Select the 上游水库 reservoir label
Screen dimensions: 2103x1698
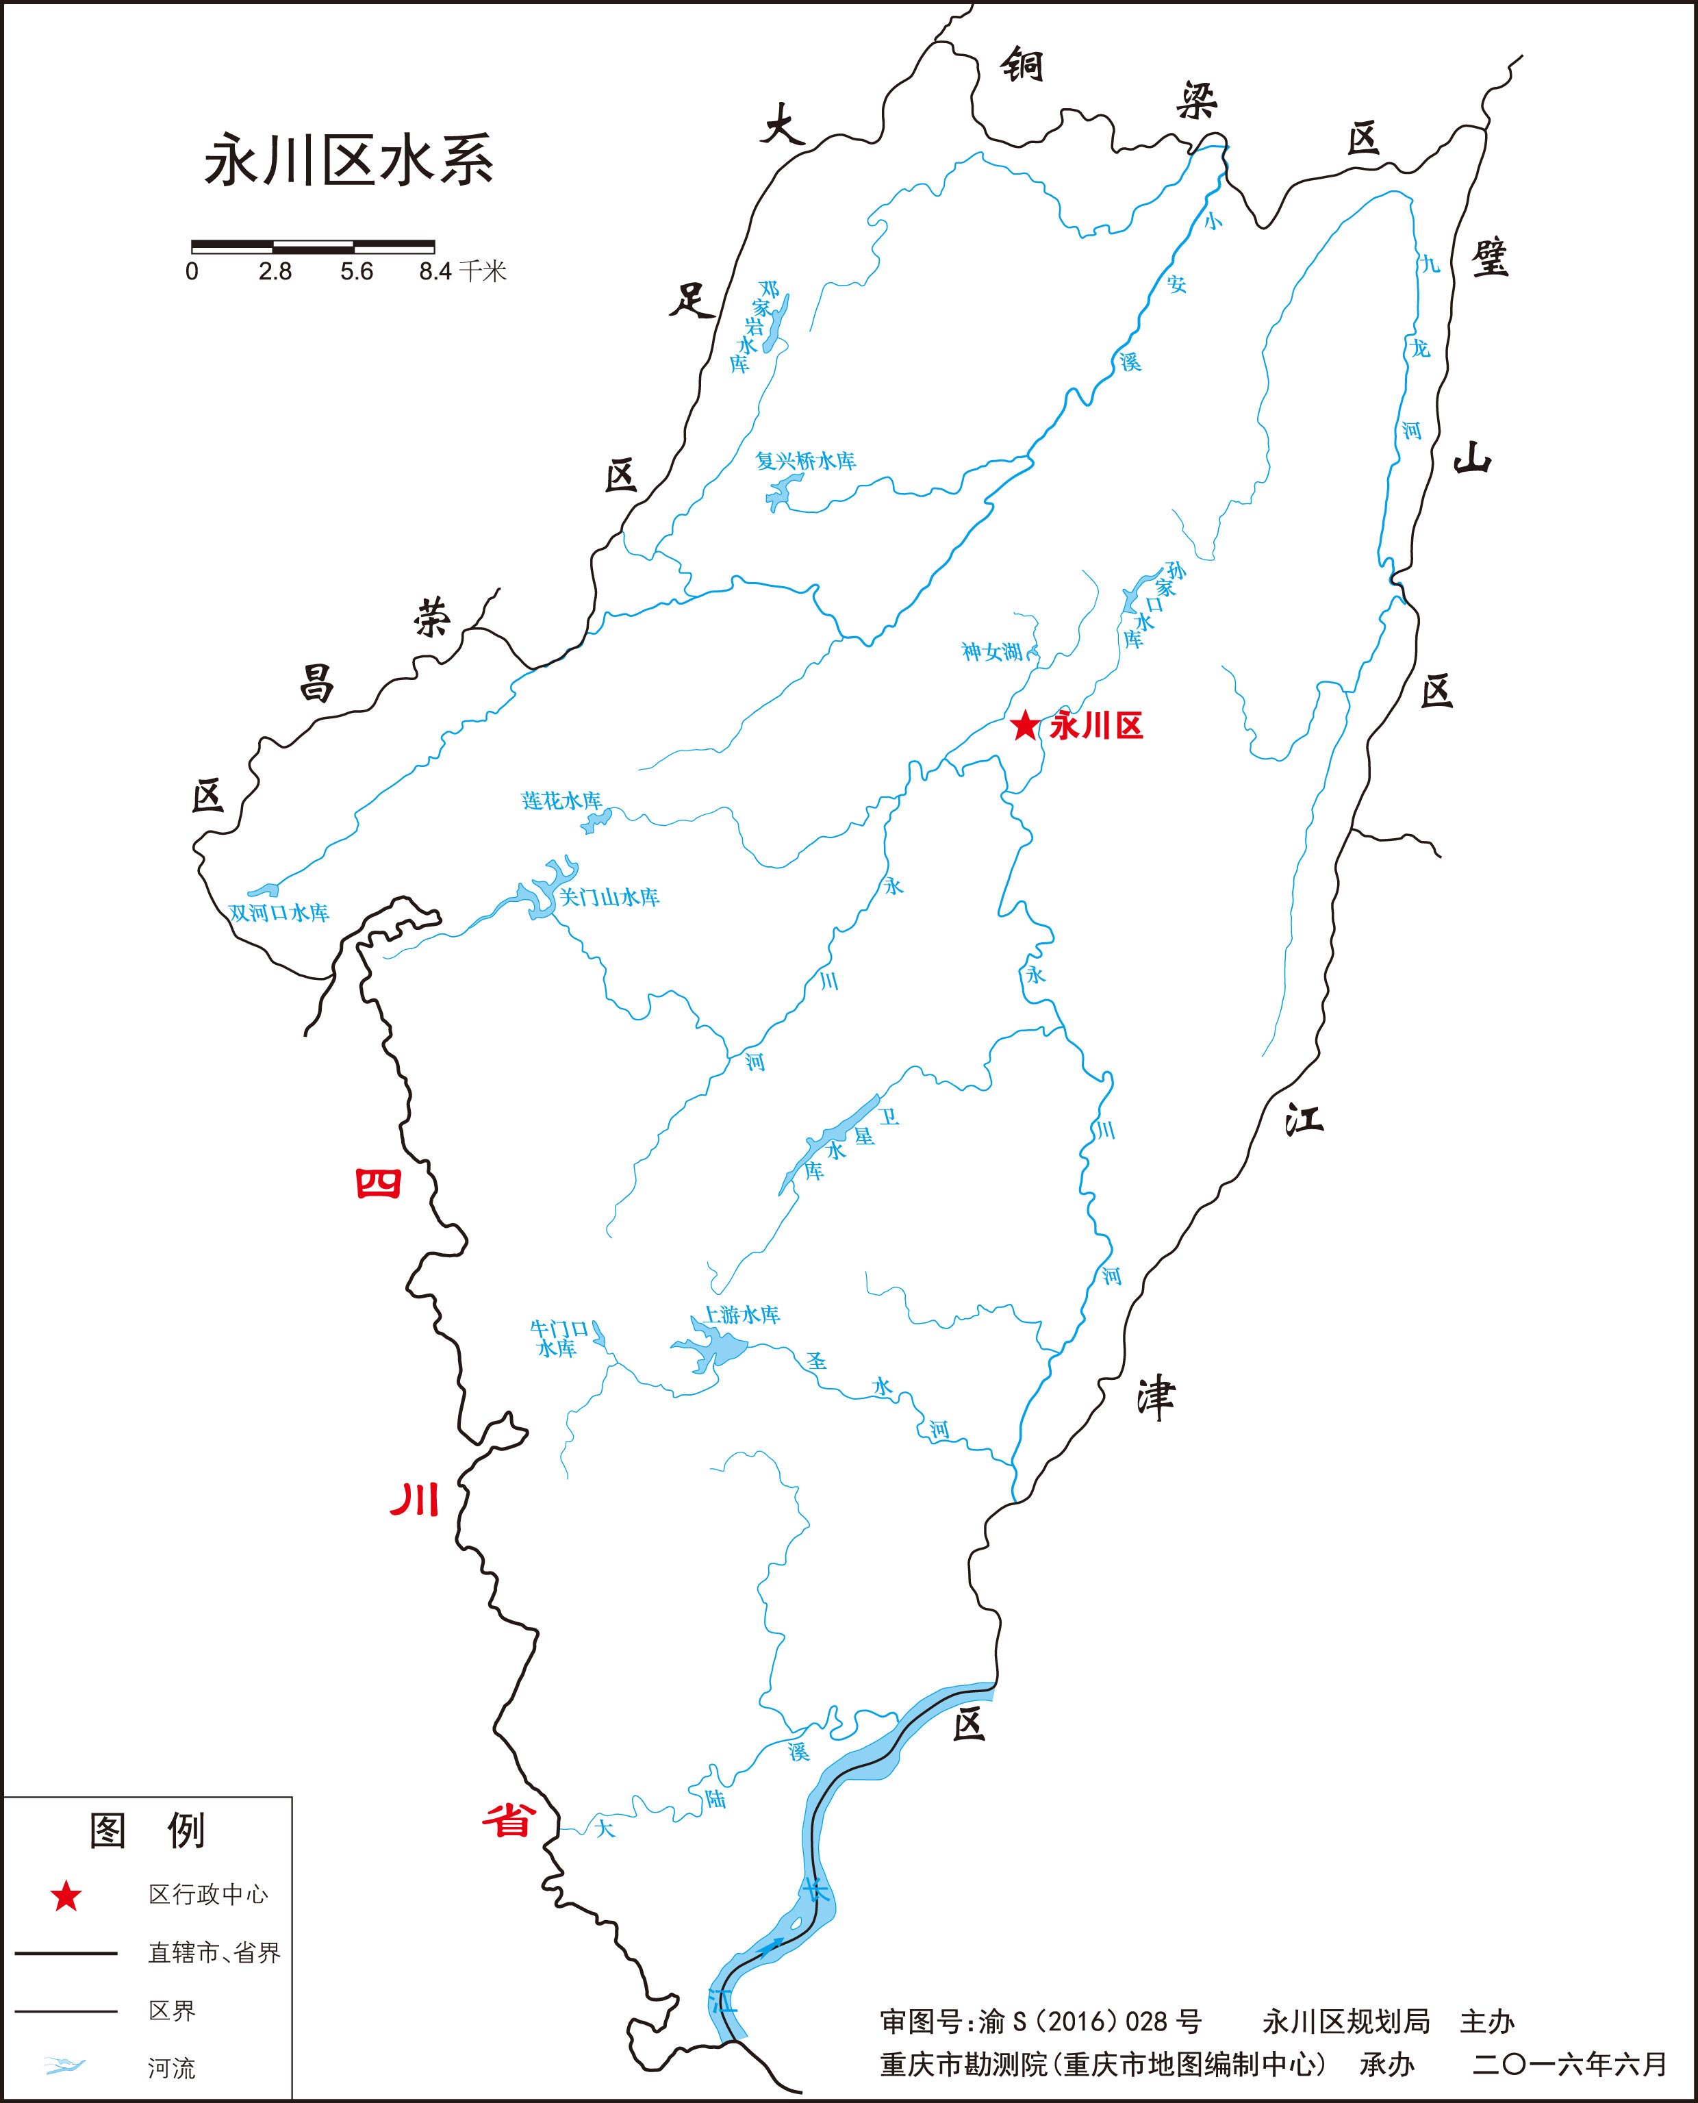[x=742, y=1315]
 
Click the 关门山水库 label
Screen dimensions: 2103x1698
[x=609, y=897]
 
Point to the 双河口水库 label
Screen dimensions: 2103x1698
[x=279, y=913]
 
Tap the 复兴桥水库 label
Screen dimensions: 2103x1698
[x=806, y=461]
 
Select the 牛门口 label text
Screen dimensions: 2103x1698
[x=559, y=1328]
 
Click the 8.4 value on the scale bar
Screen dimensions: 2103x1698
[x=435, y=272]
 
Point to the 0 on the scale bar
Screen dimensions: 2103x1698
[x=192, y=272]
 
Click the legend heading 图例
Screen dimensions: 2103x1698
[x=148, y=1832]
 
